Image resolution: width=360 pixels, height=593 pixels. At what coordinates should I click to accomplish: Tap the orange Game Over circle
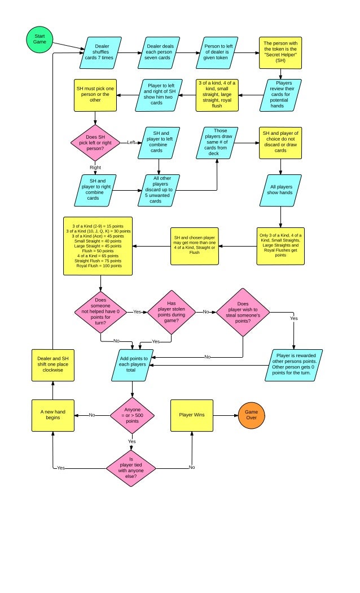click(251, 415)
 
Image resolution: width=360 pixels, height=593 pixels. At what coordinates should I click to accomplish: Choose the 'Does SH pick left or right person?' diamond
click(95, 142)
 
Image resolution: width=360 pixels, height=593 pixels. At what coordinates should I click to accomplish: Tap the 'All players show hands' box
click(280, 190)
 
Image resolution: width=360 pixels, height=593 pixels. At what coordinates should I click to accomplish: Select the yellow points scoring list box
click(98, 245)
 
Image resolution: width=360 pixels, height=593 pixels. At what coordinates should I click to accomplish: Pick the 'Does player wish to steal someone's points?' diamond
click(243, 311)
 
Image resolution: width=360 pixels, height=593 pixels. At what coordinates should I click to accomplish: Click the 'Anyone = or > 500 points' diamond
click(132, 415)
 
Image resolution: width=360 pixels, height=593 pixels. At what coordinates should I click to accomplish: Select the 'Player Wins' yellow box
click(192, 415)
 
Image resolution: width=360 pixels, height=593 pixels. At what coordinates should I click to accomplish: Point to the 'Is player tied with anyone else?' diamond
click(131, 468)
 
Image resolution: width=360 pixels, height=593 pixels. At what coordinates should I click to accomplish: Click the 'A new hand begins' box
click(52, 415)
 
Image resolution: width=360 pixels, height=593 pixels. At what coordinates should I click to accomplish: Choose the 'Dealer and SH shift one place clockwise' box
click(52, 364)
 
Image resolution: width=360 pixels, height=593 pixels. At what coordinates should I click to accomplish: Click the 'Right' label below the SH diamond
click(95, 168)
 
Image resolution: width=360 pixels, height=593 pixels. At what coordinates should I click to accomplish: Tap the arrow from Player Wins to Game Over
click(225, 415)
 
